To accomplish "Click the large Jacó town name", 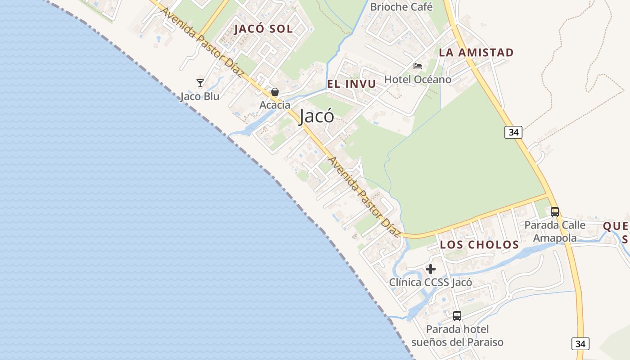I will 317,116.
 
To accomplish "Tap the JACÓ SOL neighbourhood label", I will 263,29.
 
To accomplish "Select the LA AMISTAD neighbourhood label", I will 476,53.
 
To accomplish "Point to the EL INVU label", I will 351,84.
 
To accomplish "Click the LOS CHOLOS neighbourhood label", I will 479,245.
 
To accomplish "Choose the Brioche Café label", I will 401,7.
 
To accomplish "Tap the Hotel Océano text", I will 417,80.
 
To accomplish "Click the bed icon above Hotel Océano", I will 418,66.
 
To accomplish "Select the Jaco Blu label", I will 200,96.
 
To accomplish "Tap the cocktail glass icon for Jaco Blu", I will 200,83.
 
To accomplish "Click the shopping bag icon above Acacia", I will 275,92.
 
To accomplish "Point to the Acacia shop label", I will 275,105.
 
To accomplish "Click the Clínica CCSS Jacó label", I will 431,283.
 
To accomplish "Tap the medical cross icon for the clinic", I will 431,269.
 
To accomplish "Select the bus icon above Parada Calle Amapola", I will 555,211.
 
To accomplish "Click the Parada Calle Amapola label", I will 555,231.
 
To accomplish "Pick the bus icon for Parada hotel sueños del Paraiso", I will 457,316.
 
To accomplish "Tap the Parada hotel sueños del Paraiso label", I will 457,336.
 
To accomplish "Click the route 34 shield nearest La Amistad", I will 513,132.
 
